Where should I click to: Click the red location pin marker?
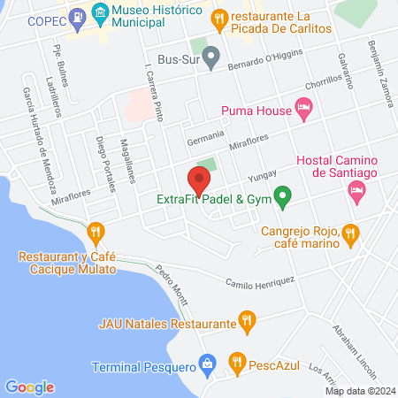(x=199, y=181)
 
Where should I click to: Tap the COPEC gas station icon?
(x=78, y=16)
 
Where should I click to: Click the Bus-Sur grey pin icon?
(x=210, y=60)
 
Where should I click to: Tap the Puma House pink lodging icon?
(x=304, y=111)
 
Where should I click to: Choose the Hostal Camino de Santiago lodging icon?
(x=357, y=191)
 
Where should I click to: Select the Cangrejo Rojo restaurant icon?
(x=350, y=233)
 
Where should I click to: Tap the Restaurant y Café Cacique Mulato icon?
(x=96, y=233)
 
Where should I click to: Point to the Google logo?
(x=30, y=387)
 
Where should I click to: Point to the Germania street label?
(x=202, y=141)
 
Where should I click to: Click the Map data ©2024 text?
(x=359, y=390)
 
